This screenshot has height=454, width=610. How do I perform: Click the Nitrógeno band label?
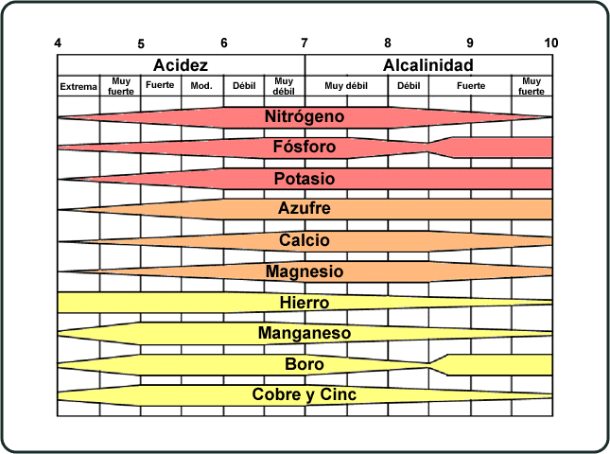click(x=305, y=117)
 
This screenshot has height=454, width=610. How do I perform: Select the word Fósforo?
click(x=305, y=148)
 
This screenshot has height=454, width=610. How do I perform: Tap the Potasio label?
click(x=305, y=179)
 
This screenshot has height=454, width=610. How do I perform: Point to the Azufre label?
click(x=305, y=209)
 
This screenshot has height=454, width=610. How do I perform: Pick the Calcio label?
click(x=305, y=240)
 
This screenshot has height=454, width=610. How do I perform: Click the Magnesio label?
click(x=305, y=271)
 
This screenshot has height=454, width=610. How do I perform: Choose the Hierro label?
click(x=305, y=303)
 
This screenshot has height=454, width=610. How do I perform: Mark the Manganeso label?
click(x=305, y=333)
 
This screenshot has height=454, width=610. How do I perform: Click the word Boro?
click(x=305, y=364)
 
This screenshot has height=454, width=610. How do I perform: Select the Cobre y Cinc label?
click(x=305, y=394)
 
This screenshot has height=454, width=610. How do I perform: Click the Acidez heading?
click(x=181, y=65)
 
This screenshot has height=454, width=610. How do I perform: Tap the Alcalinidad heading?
click(x=428, y=65)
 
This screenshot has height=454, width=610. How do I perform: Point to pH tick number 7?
click(x=305, y=43)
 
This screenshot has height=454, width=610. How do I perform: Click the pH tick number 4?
click(x=59, y=43)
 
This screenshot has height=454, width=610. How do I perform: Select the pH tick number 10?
click(x=550, y=43)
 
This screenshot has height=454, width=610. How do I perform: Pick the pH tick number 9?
click(x=470, y=43)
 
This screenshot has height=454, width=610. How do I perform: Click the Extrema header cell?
click(x=78, y=86)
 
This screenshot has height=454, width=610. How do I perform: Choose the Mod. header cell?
click(x=201, y=85)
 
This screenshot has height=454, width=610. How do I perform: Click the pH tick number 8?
click(x=387, y=43)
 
